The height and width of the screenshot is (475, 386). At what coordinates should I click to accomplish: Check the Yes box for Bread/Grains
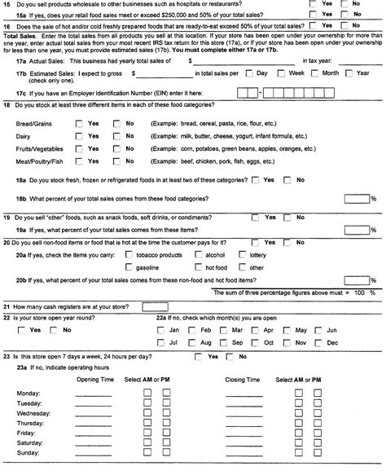(x=77, y=123)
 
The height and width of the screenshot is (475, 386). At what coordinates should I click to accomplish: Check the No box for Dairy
(x=116, y=136)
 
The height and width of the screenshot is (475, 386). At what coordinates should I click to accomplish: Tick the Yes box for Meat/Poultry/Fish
(x=77, y=162)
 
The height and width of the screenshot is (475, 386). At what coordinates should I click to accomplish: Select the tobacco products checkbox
(x=129, y=254)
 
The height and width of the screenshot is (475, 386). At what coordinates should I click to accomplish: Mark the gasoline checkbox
(x=129, y=267)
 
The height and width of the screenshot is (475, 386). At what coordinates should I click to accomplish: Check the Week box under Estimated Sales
(x=282, y=73)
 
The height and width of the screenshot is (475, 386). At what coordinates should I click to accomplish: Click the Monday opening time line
(x=93, y=393)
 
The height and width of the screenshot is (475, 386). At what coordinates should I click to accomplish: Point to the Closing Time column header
(x=243, y=380)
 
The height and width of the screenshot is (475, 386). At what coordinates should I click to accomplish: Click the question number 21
(x=7, y=306)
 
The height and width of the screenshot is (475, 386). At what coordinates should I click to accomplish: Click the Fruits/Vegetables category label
(x=39, y=149)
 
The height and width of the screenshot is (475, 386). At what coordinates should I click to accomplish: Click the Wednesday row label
(x=32, y=414)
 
